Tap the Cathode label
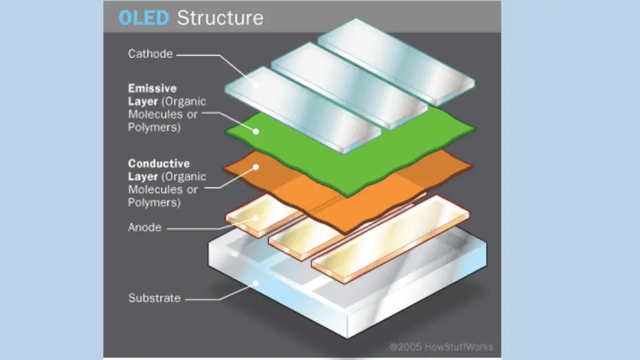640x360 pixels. point(150,54)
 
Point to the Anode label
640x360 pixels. point(145,227)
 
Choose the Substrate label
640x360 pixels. point(154,298)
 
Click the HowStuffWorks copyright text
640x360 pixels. point(441,347)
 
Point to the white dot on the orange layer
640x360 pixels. point(256,167)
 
